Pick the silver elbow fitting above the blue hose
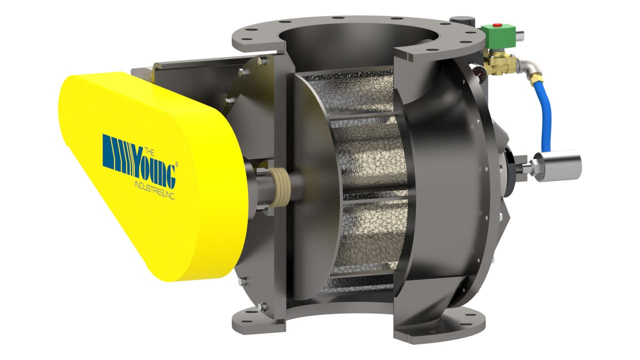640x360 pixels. [x=529, y=66]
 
